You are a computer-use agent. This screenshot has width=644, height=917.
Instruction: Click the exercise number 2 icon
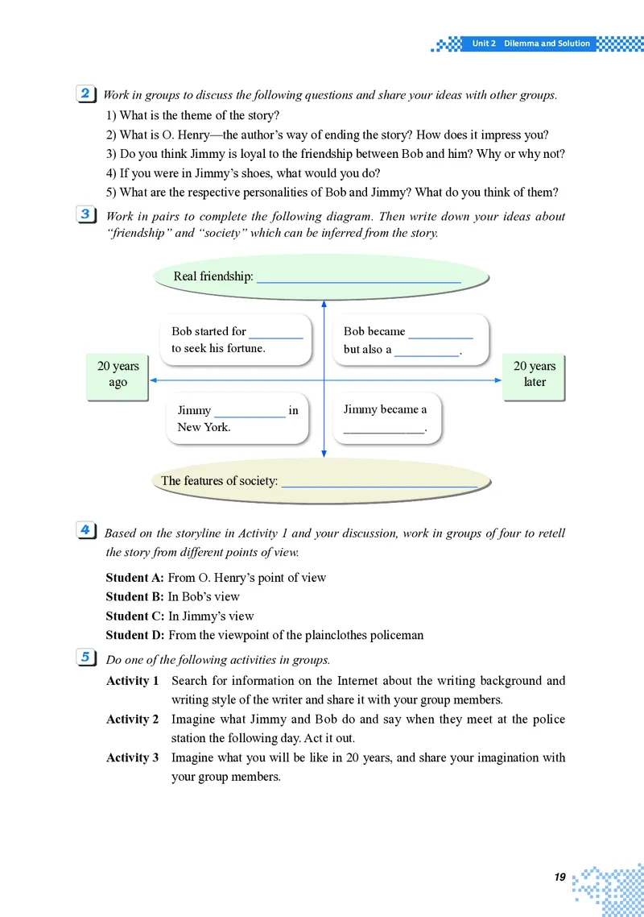click(x=85, y=93)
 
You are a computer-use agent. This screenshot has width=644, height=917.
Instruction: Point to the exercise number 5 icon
click(x=85, y=657)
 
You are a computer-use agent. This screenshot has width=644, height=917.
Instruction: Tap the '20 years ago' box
click(x=118, y=374)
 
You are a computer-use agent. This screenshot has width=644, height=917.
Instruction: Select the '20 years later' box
click(x=535, y=374)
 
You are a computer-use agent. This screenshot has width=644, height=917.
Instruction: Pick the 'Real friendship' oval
click(x=320, y=276)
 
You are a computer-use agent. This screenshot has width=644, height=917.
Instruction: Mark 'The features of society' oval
click(x=320, y=480)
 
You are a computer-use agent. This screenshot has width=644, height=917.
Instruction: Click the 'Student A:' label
click(x=135, y=578)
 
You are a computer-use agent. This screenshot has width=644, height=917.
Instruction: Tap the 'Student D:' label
click(x=135, y=635)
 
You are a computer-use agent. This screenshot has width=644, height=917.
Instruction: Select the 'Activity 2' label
click(x=133, y=719)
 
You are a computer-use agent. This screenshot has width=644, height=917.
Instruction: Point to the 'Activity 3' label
click(x=133, y=757)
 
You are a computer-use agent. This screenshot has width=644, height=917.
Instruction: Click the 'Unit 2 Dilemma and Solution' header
click(x=530, y=44)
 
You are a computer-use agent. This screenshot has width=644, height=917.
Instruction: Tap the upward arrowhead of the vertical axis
click(x=324, y=304)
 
